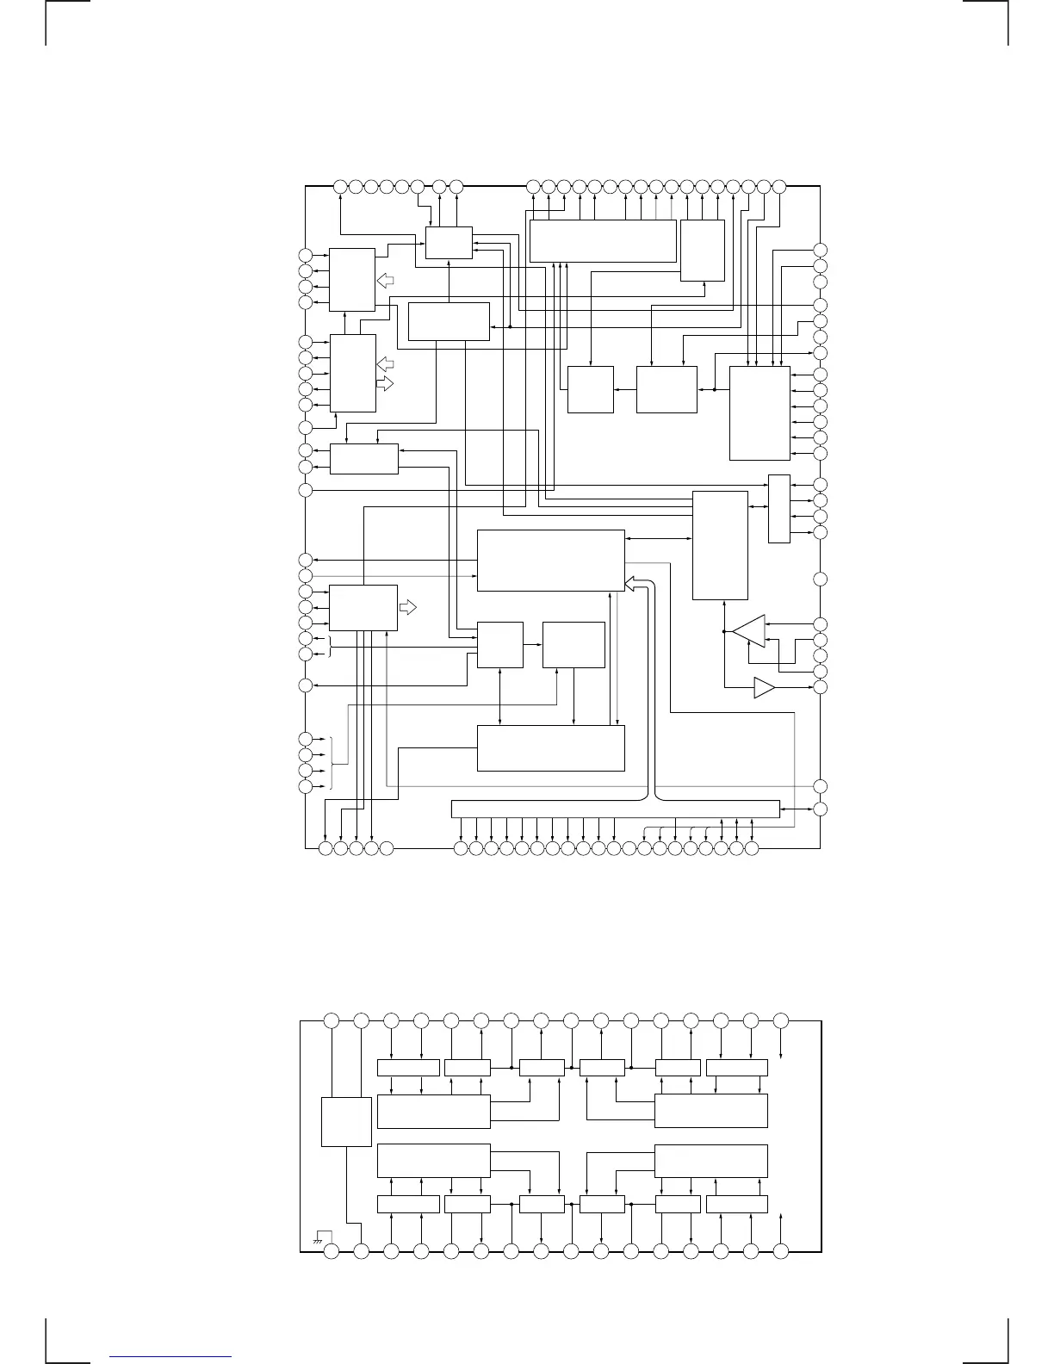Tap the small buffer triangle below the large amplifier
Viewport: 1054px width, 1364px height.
(764, 688)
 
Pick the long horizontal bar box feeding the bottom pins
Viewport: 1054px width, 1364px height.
(616, 809)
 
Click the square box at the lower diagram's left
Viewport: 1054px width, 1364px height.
(346, 1121)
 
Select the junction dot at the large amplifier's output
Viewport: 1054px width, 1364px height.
(725, 632)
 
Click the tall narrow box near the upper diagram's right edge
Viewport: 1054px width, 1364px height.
(778, 509)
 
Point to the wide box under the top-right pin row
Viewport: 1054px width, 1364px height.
(603, 240)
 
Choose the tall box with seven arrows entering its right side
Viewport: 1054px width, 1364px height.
(759, 413)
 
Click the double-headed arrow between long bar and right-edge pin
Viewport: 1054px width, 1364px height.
(797, 809)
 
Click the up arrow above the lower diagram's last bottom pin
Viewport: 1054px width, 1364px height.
(781, 1218)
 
